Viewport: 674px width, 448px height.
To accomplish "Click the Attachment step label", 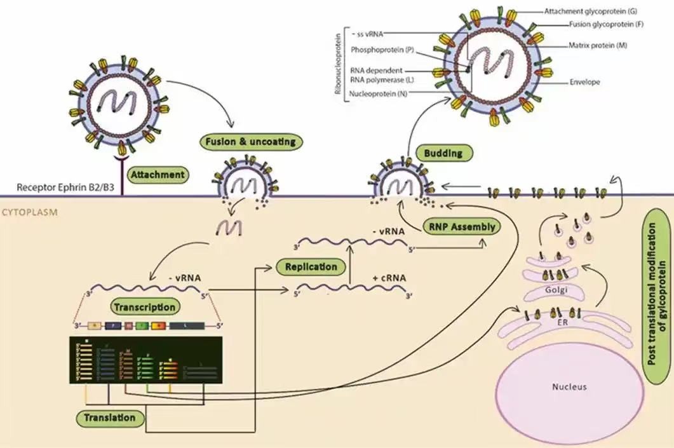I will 159,174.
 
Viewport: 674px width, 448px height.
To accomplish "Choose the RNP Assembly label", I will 459,226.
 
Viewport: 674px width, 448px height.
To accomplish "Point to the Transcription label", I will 144,307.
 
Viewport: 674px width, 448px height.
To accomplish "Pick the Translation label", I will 110,417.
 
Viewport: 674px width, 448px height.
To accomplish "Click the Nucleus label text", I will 569,386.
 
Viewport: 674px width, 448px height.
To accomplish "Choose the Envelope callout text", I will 584,82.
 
